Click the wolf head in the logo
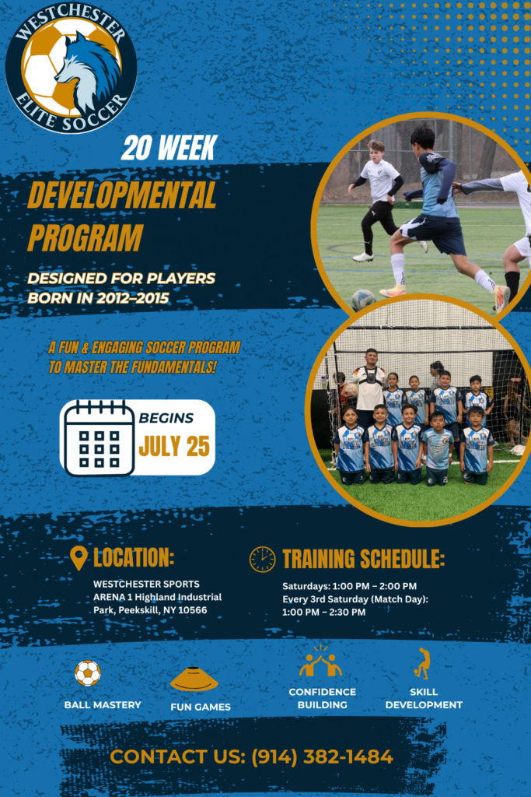point(86,71)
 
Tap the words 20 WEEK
point(169,148)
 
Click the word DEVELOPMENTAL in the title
point(122,195)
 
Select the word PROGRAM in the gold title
point(86,237)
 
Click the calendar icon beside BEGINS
point(99,437)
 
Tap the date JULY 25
point(174,447)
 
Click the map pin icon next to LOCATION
point(79,558)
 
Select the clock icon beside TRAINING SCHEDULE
point(263,560)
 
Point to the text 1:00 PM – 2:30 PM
point(324,612)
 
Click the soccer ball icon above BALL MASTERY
point(88,673)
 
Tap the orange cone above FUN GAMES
point(194,679)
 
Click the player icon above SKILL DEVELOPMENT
point(422,663)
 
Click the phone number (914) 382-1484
point(323,757)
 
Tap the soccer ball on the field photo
point(364,300)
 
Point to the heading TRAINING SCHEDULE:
point(364,559)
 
